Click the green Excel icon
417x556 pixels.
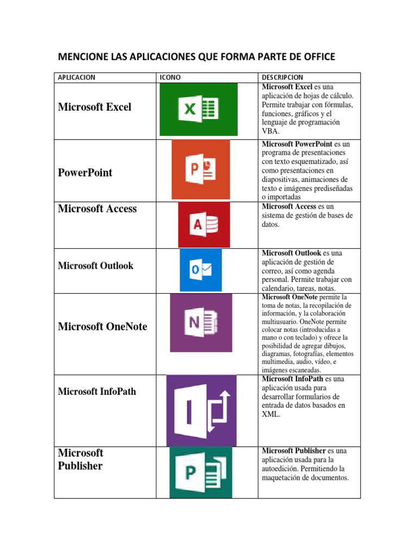pyautogui.click(x=198, y=110)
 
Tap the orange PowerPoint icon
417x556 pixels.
pyautogui.click(x=201, y=169)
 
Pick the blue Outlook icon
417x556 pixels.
pyautogui.click(x=201, y=270)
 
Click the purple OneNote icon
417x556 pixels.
pyautogui.click(x=201, y=323)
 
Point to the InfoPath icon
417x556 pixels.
pyautogui.click(x=201, y=410)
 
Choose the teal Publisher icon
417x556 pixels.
pyautogui.click(x=201, y=472)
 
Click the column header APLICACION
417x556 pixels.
pyautogui.click(x=77, y=78)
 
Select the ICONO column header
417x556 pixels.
pyautogui.click(x=170, y=78)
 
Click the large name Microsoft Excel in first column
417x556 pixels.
pyautogui.click(x=94, y=107)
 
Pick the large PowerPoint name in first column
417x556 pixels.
pyautogui.click(x=85, y=173)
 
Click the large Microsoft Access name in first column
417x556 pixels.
pyautogui.click(x=97, y=208)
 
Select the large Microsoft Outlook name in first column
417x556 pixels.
pyautogui.click(x=96, y=266)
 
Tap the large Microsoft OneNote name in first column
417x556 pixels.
pyautogui.click(x=102, y=326)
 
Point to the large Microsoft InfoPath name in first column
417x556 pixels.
pyautogui.click(x=97, y=391)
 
